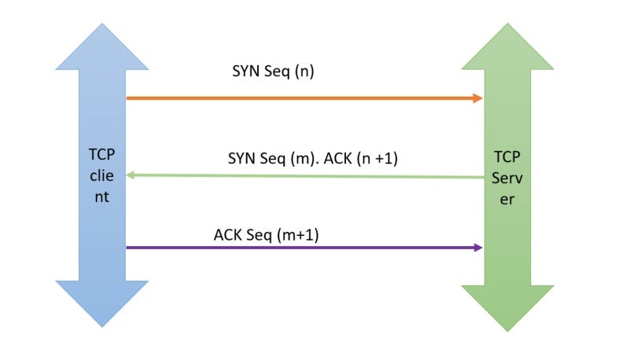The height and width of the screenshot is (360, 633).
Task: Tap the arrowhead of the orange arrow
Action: [x=477, y=98]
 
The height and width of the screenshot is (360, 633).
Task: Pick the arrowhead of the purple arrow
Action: [x=477, y=248]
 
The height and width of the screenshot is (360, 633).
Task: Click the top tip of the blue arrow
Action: [x=102, y=26]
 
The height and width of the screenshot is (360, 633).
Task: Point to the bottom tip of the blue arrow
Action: [x=102, y=325]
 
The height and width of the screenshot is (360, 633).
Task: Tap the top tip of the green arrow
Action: [x=507, y=26]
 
